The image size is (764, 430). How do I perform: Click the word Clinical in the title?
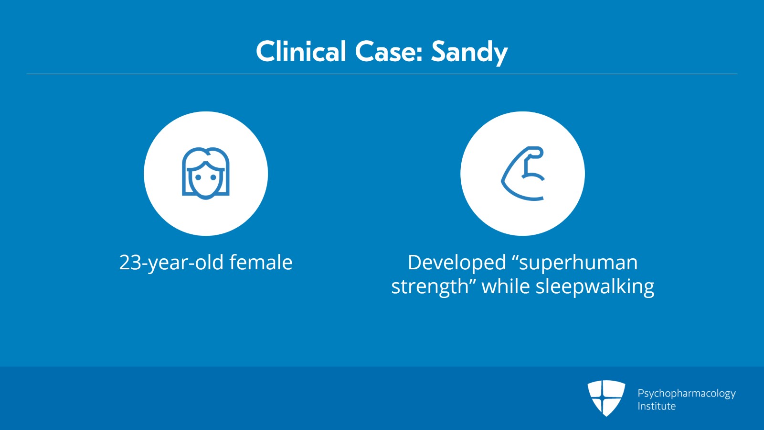[x=301, y=52]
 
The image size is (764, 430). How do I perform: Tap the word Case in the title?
[x=385, y=52]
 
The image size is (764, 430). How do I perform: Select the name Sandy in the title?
[x=469, y=53]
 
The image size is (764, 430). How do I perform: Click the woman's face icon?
[x=206, y=173]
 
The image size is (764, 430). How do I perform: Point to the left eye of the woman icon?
[x=198, y=177]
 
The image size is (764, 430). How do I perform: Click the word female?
[x=261, y=262]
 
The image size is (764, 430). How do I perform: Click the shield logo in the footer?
[x=606, y=398]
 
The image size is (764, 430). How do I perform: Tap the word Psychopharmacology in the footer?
[x=687, y=394]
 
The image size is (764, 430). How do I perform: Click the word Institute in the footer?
[x=657, y=406]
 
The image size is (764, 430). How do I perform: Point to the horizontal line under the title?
[x=382, y=74]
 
